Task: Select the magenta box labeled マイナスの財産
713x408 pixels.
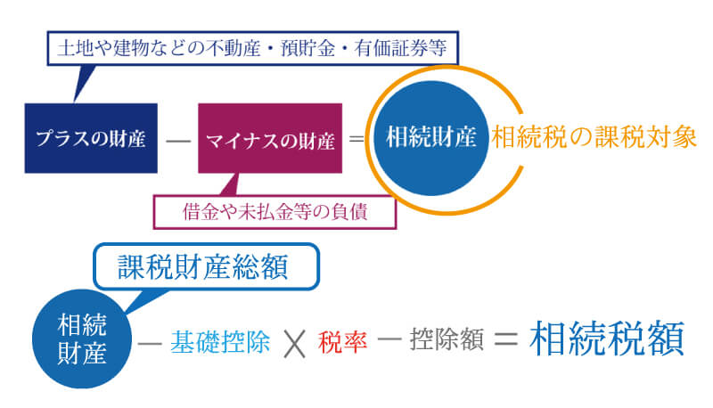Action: [x=270, y=139]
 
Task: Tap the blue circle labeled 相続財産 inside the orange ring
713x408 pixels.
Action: [x=431, y=137]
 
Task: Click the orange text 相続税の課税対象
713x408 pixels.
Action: [x=593, y=137]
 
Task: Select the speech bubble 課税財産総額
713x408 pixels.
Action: [x=205, y=266]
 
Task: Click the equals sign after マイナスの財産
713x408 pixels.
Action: [x=356, y=140]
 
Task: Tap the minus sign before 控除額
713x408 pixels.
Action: [x=390, y=343]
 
